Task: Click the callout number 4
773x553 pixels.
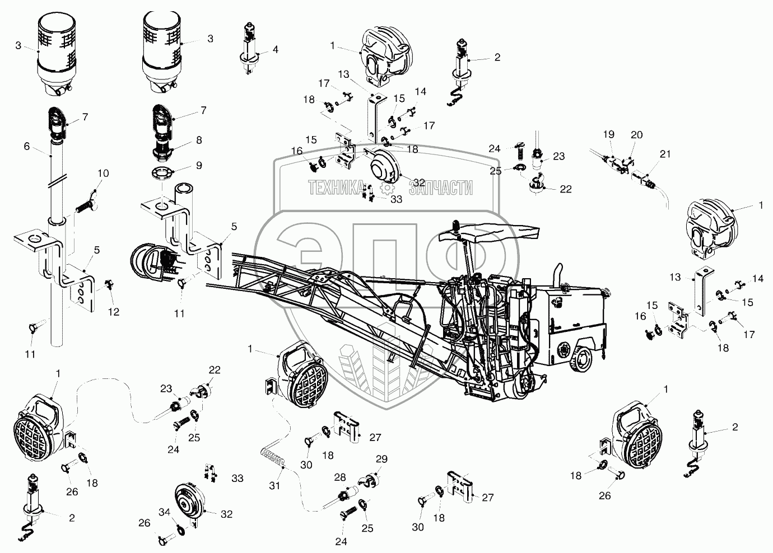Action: tap(275, 49)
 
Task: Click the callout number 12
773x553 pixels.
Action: tap(114, 312)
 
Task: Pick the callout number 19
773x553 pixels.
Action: tap(608, 134)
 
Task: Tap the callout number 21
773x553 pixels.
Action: tap(664, 154)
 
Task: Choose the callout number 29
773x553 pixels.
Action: tap(381, 459)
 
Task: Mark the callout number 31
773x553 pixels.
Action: tap(274, 486)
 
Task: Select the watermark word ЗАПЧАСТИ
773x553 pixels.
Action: tap(441, 189)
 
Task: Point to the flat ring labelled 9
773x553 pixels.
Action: tap(162, 171)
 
